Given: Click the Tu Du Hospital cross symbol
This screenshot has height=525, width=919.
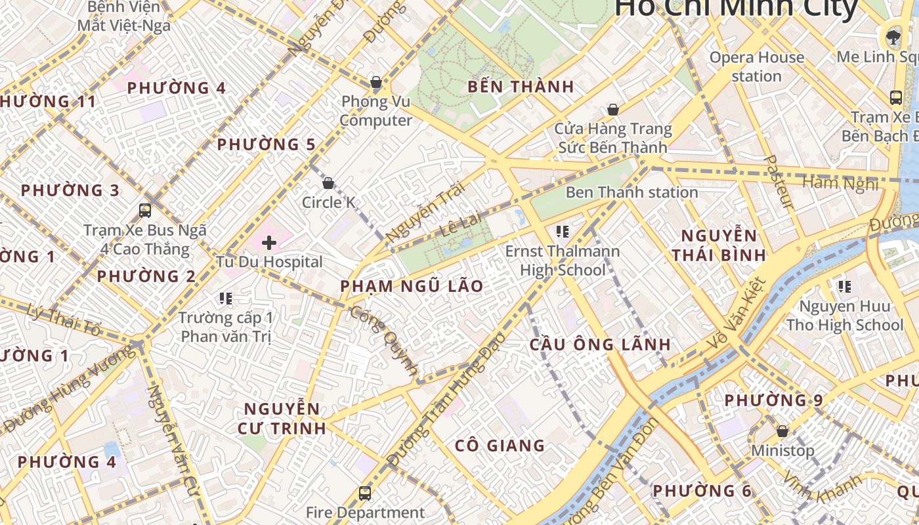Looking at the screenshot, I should tap(268, 243).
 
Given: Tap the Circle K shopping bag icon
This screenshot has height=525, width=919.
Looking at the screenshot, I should tap(328, 183).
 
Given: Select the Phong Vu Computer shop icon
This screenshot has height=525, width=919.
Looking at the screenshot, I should tap(376, 83).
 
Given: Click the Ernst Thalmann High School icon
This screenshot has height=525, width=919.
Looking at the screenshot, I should tap(562, 231).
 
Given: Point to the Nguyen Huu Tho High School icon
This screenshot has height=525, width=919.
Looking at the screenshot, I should tap(844, 286).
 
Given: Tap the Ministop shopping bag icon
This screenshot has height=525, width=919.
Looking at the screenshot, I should tap(782, 431).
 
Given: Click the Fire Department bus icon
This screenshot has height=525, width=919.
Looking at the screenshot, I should tap(365, 493).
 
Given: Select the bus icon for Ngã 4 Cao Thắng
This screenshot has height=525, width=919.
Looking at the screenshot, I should tap(145, 211).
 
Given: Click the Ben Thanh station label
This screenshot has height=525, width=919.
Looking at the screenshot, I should tap(631, 192).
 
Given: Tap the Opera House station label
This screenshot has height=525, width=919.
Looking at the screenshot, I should tap(756, 66).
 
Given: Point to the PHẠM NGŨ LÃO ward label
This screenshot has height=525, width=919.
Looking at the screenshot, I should tap(412, 286).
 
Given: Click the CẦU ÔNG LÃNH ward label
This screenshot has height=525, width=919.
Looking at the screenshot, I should tap(600, 345).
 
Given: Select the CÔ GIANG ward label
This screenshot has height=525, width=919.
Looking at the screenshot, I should tap(500, 446).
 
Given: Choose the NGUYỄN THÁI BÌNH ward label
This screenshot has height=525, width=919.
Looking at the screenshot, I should tap(719, 245).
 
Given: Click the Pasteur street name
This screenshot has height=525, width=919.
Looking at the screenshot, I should tap(780, 182).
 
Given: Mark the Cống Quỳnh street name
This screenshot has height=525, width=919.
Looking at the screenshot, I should tap(383, 341).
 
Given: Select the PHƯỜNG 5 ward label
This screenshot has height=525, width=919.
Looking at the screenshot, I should tap(267, 144).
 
